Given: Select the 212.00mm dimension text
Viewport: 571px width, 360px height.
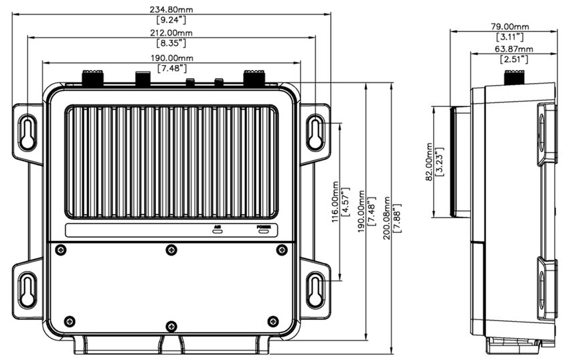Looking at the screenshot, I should coord(171,33).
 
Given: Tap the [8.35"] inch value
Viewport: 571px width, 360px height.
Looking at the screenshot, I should coord(171,43).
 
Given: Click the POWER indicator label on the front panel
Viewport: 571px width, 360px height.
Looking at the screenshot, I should coord(264,229).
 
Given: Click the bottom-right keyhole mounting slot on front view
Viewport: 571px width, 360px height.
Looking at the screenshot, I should coord(314,289).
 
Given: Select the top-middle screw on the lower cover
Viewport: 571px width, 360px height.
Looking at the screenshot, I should coord(171,250).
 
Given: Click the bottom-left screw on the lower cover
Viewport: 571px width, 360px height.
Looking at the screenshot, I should coord(70,321).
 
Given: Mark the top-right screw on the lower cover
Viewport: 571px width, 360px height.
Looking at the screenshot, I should coord(281,250).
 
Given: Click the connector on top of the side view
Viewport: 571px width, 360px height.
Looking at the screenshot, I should coord(515,80).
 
